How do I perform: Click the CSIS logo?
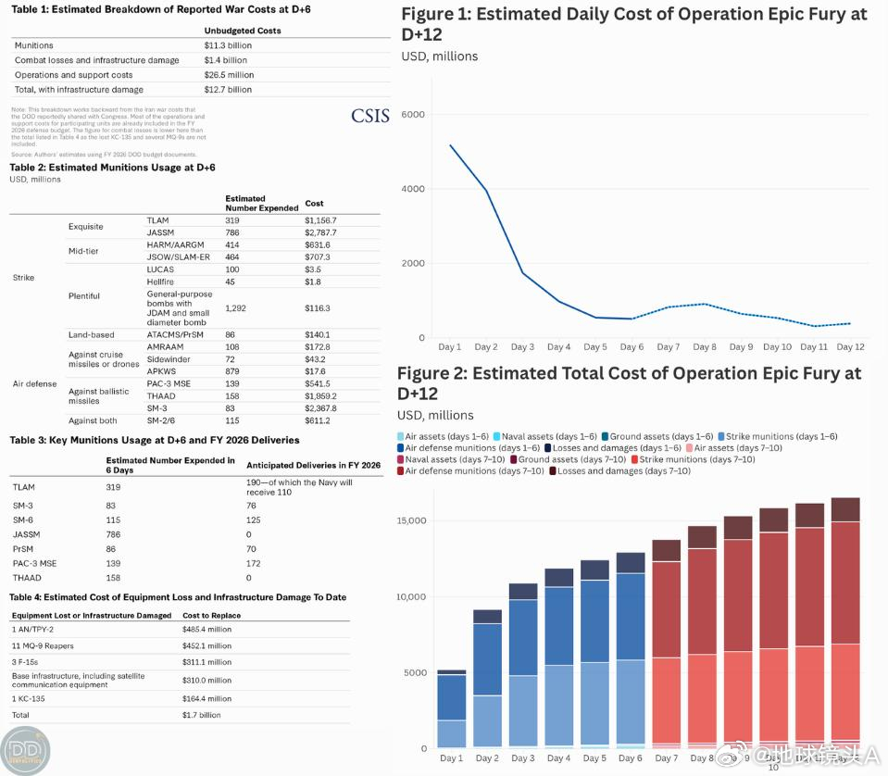point(370,116)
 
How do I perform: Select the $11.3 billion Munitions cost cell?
point(228,44)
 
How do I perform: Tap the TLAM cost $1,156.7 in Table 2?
point(320,220)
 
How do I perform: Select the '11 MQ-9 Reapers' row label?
point(43,646)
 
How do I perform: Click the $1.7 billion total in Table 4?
point(202,715)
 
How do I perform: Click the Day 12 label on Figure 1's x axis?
point(849,347)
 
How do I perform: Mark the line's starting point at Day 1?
point(450,145)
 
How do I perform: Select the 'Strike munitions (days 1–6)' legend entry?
point(782,436)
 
